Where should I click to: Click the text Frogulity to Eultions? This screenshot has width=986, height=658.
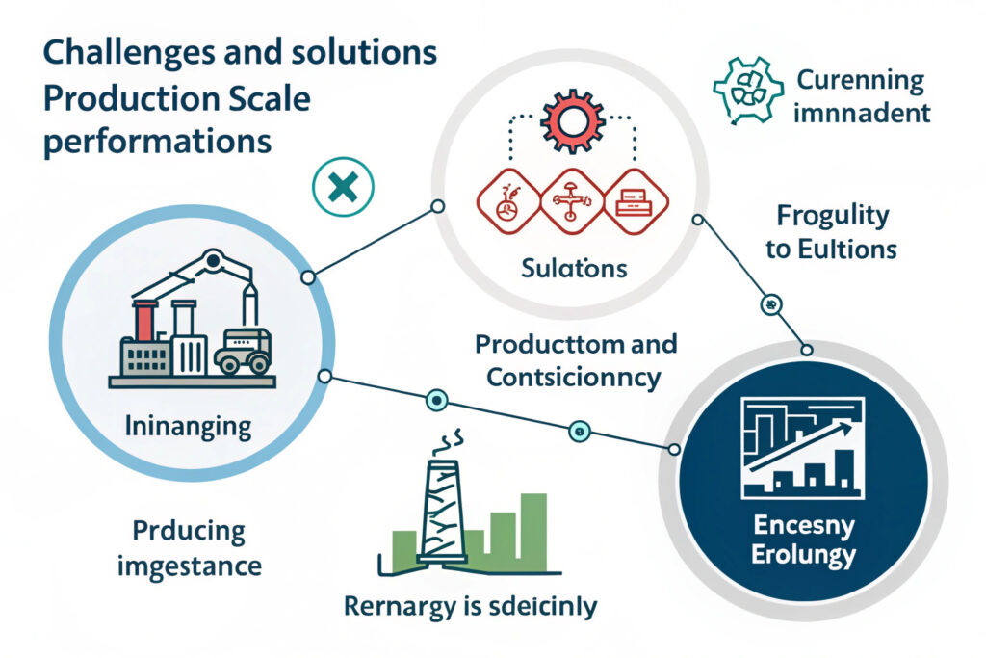click(x=831, y=232)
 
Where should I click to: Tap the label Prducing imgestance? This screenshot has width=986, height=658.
click(x=189, y=548)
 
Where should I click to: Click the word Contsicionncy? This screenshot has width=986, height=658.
click(x=574, y=376)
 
